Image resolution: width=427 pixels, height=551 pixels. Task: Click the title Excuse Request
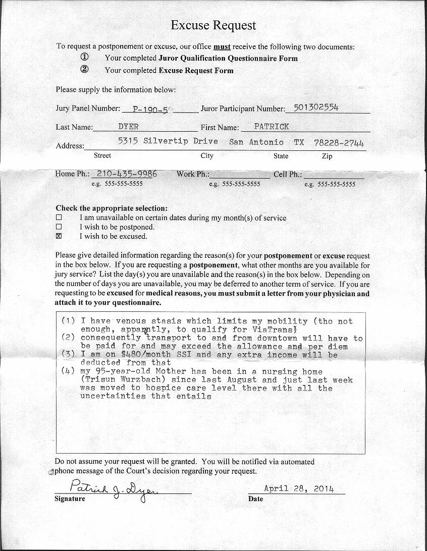[x=213, y=25]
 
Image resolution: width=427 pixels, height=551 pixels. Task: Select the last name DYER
[x=128, y=126]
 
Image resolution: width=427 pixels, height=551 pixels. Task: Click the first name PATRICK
[x=272, y=126]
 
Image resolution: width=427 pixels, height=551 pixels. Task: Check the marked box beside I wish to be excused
[x=59, y=236]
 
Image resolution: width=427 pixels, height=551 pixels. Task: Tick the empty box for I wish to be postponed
[x=59, y=227]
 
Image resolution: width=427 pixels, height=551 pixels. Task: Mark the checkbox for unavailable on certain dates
[x=59, y=218]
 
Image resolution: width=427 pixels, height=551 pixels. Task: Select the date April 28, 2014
[x=298, y=488]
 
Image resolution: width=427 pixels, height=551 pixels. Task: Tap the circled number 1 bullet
[x=85, y=58]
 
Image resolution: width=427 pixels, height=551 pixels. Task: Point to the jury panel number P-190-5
[x=150, y=108]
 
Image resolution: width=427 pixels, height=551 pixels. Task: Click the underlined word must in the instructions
[x=222, y=47]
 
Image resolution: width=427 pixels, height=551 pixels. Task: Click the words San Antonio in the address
[x=256, y=142]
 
